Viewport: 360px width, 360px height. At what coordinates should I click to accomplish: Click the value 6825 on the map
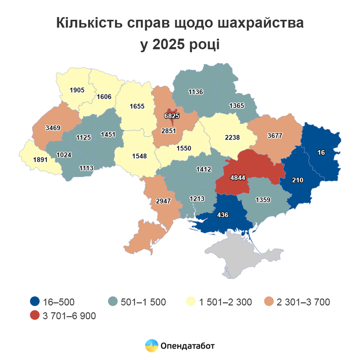click(x=172, y=116)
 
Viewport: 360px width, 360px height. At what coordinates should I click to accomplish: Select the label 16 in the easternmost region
click(x=321, y=152)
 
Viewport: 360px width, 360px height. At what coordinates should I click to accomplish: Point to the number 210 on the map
click(x=298, y=180)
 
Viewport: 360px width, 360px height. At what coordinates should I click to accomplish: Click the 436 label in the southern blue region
click(x=223, y=215)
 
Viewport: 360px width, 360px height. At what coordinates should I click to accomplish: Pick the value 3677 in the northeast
click(x=275, y=136)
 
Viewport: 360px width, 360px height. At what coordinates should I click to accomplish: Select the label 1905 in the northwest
click(x=77, y=90)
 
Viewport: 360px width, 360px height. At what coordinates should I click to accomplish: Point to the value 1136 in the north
click(x=196, y=92)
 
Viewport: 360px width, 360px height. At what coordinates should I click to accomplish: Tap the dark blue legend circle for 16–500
click(x=34, y=302)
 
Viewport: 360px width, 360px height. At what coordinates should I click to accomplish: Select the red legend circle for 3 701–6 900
click(x=34, y=315)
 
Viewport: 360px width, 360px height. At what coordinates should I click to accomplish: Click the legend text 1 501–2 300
click(x=225, y=302)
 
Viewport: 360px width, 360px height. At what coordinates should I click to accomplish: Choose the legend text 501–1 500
click(x=143, y=302)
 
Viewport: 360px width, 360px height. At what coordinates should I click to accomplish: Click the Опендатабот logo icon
click(x=151, y=345)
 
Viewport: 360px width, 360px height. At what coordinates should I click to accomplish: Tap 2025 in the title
click(x=168, y=45)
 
